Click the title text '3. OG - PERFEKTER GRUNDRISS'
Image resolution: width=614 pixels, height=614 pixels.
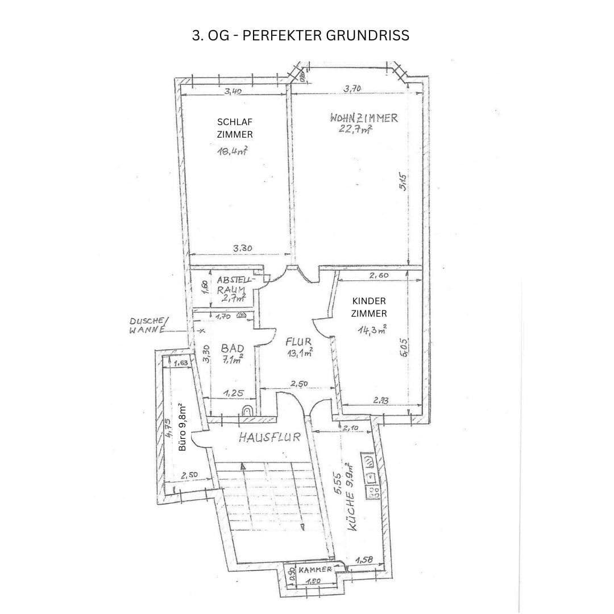301,35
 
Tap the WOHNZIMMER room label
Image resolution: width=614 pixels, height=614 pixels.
363,118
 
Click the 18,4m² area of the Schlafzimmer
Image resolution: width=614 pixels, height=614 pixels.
232,151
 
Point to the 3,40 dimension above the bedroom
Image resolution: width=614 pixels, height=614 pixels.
235,90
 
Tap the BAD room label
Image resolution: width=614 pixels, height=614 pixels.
232,347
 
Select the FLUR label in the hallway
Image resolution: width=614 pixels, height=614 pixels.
298,342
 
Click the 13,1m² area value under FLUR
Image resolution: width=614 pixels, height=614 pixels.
300,353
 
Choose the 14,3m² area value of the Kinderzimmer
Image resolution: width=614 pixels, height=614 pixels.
372,329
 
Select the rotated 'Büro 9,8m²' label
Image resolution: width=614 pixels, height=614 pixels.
182,427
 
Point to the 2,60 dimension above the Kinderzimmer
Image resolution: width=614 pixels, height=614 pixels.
379,275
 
